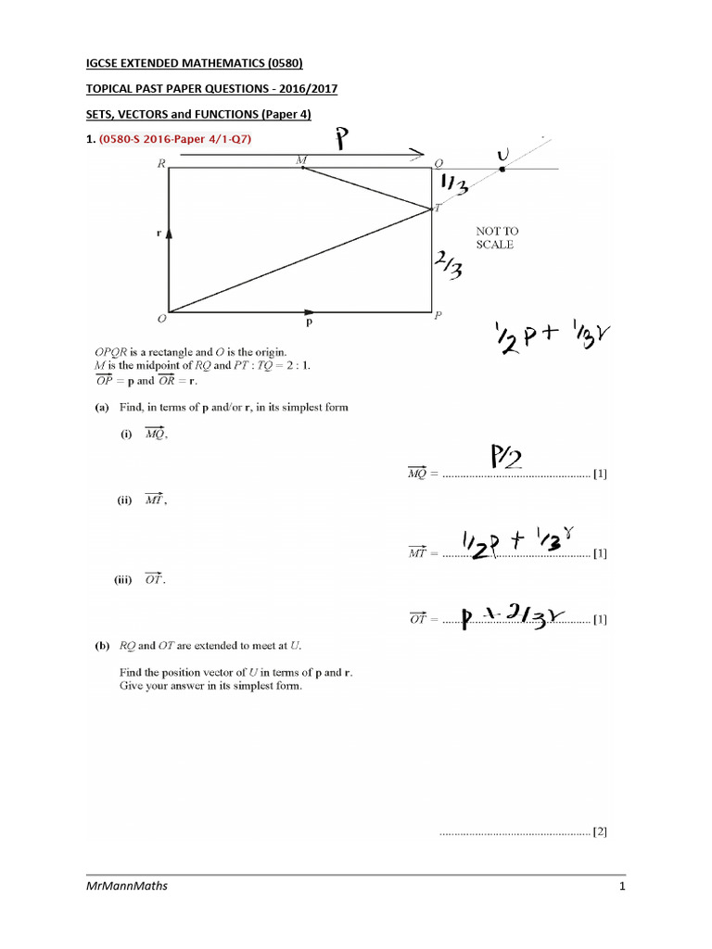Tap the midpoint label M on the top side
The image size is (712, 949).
pos(300,160)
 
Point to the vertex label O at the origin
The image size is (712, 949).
pos(161,318)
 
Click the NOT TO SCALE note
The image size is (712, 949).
pos(494,237)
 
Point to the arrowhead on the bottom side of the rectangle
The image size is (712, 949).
pos(309,312)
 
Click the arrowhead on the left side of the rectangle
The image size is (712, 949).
pos(169,237)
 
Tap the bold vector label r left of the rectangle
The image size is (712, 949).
pos(159,234)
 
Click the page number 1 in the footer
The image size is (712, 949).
pos(622,887)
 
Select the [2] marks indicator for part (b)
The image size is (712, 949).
pos(600,831)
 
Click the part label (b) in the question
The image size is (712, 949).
pos(102,645)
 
